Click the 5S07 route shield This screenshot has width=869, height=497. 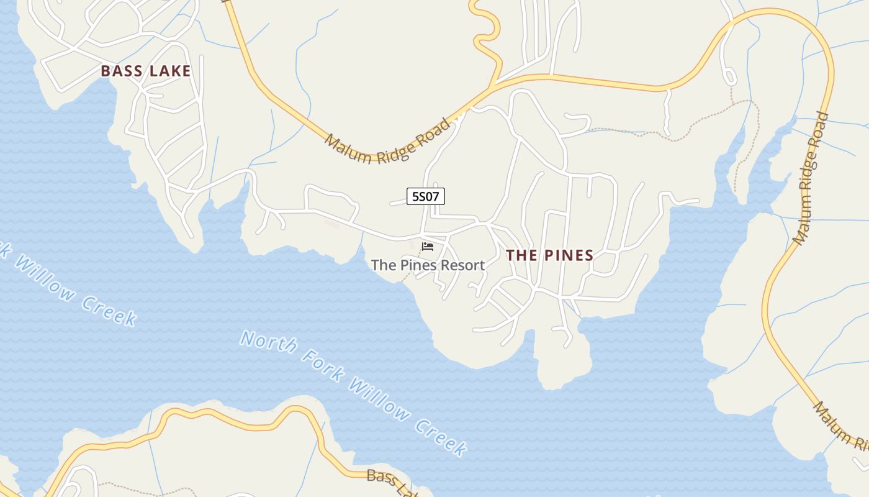(426, 196)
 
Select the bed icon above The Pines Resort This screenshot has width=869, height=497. (427, 247)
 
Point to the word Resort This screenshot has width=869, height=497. (460, 265)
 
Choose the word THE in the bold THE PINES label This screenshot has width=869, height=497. (521, 255)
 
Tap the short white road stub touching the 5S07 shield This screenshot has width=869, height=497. (398, 202)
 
